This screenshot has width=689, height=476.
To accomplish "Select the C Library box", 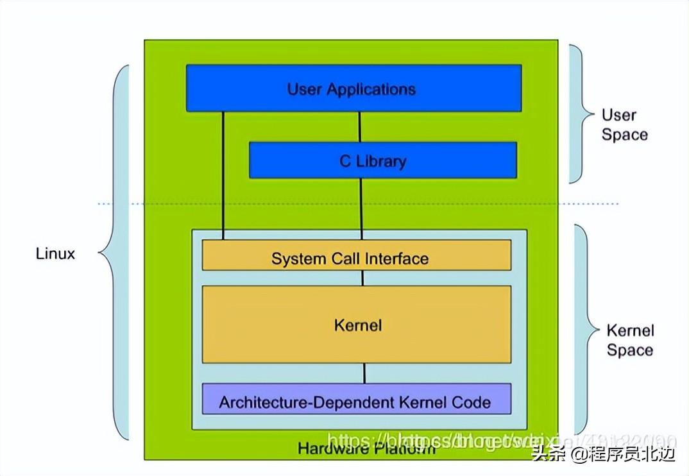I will [382, 160].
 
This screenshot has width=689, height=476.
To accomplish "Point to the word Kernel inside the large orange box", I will [357, 325].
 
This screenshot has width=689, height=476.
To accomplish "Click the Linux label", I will [55, 253].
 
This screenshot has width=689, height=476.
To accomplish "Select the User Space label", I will [624, 124].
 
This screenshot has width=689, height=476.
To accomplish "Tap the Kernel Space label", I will [630, 340].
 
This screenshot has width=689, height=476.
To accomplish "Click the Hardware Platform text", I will [366, 448].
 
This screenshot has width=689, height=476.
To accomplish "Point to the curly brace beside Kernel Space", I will [584, 328].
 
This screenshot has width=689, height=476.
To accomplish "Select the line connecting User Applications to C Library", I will [359, 126].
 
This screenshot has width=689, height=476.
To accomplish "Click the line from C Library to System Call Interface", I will [362, 208].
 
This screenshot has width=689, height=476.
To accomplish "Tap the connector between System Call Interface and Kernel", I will [362, 278].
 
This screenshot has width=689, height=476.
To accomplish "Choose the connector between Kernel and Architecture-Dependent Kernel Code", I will [364, 373].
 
